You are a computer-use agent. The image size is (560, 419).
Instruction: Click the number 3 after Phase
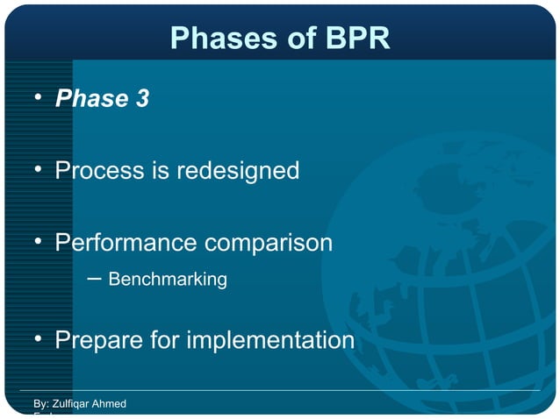click(x=141, y=99)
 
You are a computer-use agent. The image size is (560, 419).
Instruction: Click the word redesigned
click(x=238, y=170)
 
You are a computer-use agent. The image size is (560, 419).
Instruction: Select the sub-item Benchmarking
click(x=168, y=280)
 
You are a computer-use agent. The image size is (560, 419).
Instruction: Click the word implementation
click(x=276, y=339)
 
